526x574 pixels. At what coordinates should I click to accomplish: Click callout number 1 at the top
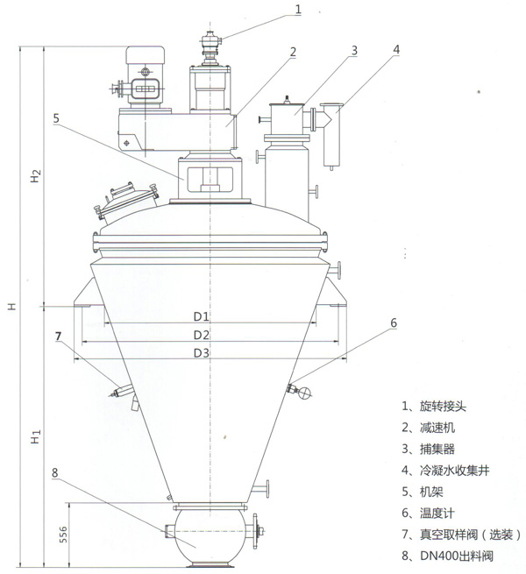[298, 10]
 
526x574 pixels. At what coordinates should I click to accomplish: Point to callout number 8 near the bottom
[54, 473]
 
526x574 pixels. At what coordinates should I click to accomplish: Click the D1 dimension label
[201, 316]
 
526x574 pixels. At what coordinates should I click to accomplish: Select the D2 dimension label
[201, 335]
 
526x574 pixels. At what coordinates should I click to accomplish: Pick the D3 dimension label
[201, 352]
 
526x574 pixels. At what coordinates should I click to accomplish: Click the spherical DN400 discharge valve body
[210, 531]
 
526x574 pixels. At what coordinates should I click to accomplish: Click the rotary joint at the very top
[210, 44]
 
